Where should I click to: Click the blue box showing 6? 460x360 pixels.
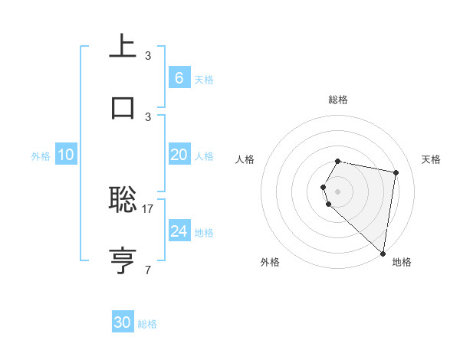pos(179,78)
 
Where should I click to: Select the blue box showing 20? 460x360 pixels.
pos(179,155)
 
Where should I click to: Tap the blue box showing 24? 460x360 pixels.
pos(179,231)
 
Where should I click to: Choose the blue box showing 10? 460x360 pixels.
pos(65,155)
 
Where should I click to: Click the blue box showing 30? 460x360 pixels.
pos(123,322)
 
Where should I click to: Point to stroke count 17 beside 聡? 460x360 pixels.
pos(148,208)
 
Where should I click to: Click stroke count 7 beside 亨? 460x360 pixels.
pos(148,269)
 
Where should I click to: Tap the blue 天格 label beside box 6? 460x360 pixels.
pos(204,79)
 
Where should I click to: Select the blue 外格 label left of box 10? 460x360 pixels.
pos(41,155)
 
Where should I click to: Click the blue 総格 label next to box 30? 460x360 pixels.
pos(147,323)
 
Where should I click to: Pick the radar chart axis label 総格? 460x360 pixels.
pos(337,100)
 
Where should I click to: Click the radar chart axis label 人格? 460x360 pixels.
pos(245,159)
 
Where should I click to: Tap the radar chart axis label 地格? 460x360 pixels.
pos(402,262)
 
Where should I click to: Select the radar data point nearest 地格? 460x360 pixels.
pos(383,253)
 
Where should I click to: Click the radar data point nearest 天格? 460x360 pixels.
pos(396,173)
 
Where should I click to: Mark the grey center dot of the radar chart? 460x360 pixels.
pos(337,191)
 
